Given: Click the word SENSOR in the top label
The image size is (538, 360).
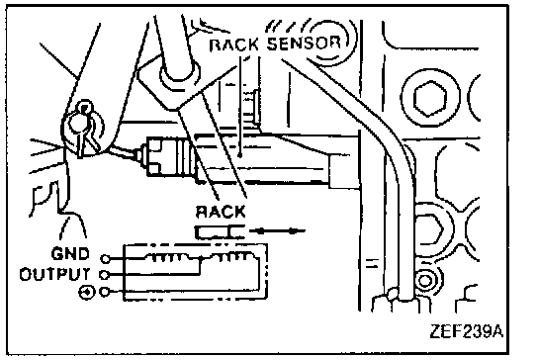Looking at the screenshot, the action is coord(304,44).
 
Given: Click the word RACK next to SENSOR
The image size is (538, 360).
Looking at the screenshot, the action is coord(234,45).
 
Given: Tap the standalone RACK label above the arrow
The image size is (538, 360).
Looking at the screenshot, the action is coord(221,212).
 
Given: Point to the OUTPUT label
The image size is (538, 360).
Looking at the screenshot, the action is coord(55,274).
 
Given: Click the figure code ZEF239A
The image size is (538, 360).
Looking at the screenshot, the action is coord(466,331).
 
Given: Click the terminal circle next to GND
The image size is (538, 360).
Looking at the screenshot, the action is coord(106,258).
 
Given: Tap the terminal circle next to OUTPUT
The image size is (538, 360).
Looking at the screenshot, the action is coord(104,275).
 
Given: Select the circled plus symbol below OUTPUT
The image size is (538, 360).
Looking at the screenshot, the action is coord(86,293).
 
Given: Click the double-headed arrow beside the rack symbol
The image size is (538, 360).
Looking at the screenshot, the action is coord(277,231).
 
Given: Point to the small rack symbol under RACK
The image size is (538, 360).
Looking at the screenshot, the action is coord(220,232).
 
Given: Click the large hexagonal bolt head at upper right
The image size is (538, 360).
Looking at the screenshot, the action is coord(430,99).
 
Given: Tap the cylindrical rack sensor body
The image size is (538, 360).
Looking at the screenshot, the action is coord(171,156).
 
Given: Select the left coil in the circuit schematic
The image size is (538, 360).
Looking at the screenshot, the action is coord(167,257).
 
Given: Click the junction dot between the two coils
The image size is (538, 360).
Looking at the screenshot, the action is coord(201,258).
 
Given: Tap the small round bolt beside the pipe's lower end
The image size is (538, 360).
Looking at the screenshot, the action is coord(425,281).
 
